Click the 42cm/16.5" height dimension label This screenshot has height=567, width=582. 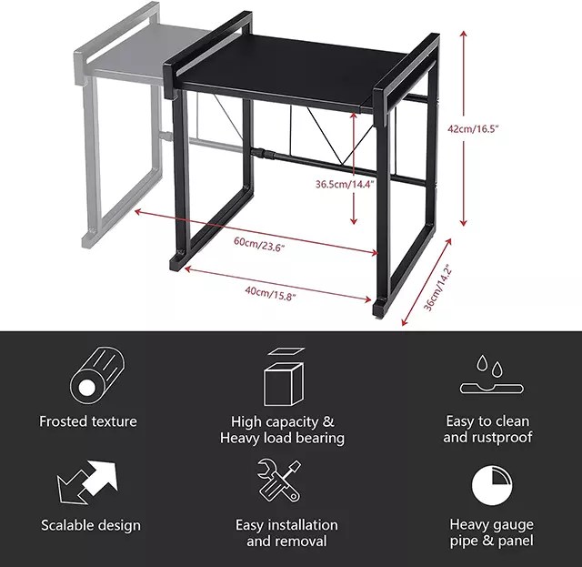498,129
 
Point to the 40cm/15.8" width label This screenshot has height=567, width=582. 270,292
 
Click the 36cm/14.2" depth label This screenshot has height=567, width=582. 437,289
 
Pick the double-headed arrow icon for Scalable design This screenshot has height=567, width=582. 88,483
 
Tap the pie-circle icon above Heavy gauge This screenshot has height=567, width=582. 491,483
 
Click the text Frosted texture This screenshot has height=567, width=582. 88,421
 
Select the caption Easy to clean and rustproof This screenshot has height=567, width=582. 487,430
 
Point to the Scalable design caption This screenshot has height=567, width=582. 91,525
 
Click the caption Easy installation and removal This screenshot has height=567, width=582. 286,533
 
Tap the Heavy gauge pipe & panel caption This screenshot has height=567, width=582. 492,533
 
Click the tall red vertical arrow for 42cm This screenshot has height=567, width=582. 464,127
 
